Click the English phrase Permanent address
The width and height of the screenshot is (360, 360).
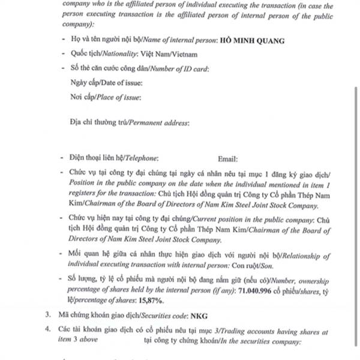pyautogui.click(x=158, y=123)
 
